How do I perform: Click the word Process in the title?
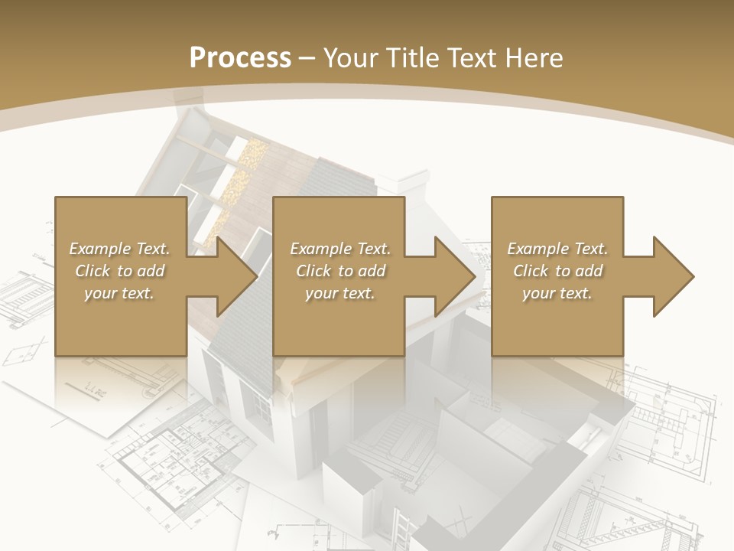point(240,58)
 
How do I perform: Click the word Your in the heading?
point(350,58)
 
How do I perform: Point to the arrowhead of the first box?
point(237,276)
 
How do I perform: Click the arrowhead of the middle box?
point(455,276)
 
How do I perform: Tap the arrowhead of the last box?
point(673,276)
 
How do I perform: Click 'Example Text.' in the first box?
point(119,249)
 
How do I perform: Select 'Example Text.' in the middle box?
point(340,249)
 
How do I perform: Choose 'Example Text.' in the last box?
point(557,249)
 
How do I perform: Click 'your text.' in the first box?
point(119,293)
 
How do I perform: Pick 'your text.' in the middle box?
point(340,293)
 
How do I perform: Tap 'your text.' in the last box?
point(557,293)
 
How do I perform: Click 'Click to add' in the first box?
point(119,271)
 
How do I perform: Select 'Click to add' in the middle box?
point(340,271)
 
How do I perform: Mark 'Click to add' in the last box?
point(557,271)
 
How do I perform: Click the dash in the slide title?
point(307,59)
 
